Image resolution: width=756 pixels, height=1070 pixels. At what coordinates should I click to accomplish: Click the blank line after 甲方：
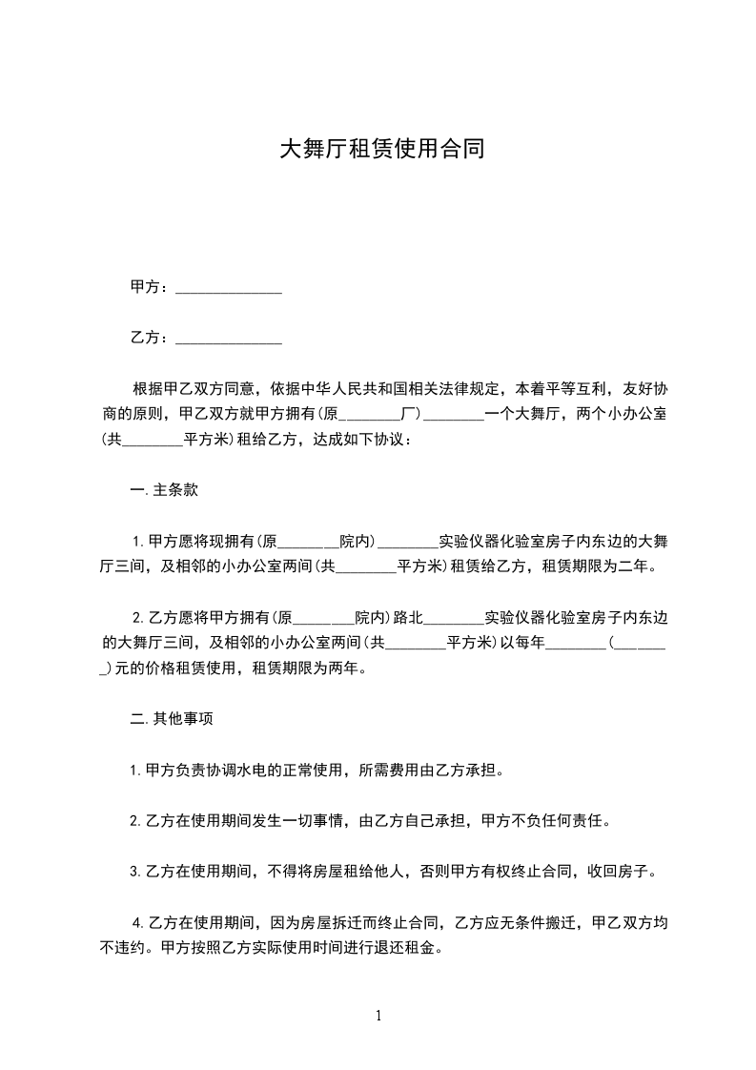[229, 289]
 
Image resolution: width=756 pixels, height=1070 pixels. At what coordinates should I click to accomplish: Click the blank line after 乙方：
[229, 339]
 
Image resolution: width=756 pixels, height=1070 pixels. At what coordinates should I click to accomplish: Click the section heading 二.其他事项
[171, 718]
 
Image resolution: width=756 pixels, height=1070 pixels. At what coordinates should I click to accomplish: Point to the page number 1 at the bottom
[378, 1016]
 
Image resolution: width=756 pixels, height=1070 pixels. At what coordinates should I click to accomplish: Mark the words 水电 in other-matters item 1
[254, 770]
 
